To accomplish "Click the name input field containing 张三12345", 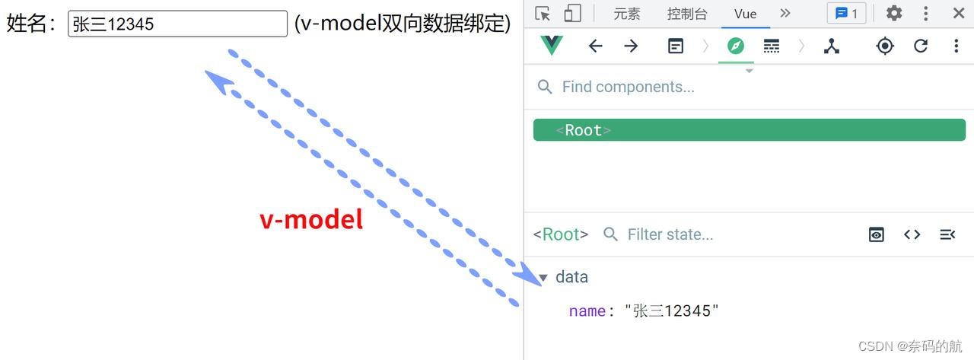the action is [177, 24].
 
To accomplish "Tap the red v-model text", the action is [311, 219].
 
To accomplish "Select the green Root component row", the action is [749, 130].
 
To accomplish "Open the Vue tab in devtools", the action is [745, 14].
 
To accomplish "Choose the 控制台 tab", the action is [686, 14].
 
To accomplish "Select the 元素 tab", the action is [627, 14].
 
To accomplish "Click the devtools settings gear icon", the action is [894, 13].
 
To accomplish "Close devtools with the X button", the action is [959, 13].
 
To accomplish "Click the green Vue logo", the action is [551, 46].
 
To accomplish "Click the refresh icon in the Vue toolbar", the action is [921, 46].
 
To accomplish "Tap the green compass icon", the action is [735, 46].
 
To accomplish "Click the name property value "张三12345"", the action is [672, 311].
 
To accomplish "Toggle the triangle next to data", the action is [543, 277].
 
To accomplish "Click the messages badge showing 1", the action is [846, 14].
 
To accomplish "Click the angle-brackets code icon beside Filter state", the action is [912, 234].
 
